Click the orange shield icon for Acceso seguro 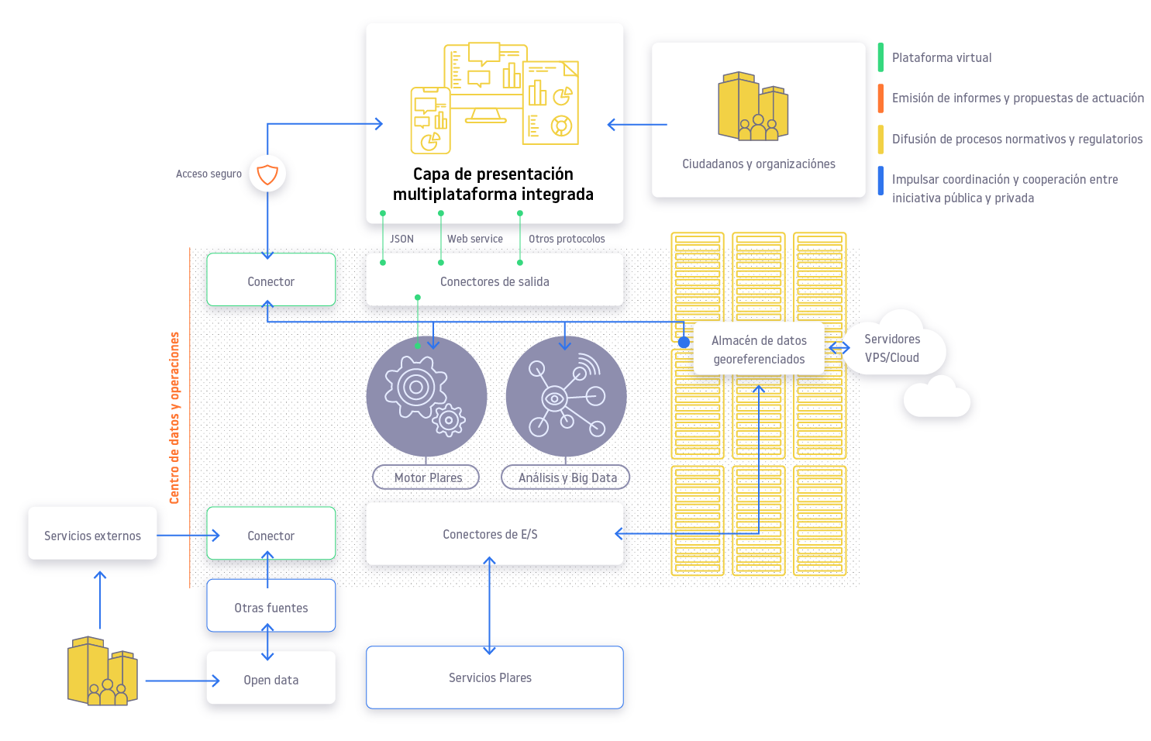[x=267, y=174]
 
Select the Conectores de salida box [x=495, y=282]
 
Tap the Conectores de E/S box [x=490, y=535]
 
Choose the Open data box [x=271, y=680]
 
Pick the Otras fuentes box [x=271, y=608]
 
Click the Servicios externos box [x=92, y=536]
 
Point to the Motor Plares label [x=427, y=477]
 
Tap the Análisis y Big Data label [x=567, y=477]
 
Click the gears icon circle [x=426, y=396]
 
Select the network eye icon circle [x=566, y=396]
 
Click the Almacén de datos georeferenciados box [x=759, y=350]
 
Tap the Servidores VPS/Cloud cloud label [x=892, y=349]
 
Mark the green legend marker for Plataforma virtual [x=880, y=57]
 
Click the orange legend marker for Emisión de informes [x=880, y=98]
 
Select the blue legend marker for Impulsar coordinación [x=880, y=181]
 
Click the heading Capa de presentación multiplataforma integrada [x=493, y=184]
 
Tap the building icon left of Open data [x=102, y=671]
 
